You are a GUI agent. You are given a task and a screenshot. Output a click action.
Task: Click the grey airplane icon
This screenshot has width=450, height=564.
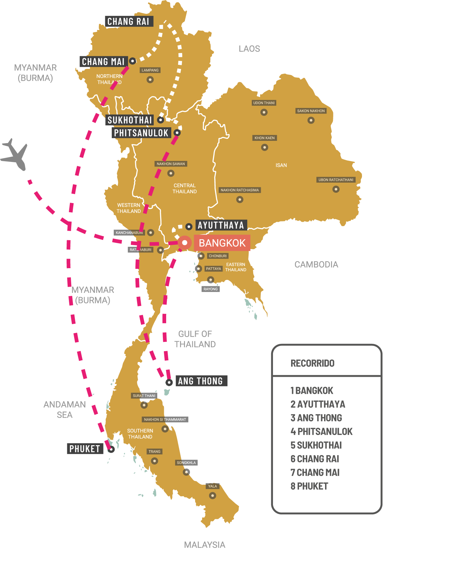coord(15,155)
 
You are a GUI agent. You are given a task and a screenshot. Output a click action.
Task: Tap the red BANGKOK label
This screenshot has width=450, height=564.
coord(222,243)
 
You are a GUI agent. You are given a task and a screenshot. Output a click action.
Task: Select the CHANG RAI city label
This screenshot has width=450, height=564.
coord(129,22)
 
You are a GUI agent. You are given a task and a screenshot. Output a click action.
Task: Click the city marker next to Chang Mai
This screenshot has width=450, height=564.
coord(133,61)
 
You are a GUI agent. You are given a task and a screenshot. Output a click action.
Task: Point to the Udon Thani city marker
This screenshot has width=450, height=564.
coord(264,112)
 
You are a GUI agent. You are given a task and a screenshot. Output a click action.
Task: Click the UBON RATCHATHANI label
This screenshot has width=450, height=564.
coord(336,180)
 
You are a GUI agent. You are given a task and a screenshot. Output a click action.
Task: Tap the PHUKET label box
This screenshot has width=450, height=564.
coord(85,449)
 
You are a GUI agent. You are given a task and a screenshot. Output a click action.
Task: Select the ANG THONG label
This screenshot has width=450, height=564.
coord(200,381)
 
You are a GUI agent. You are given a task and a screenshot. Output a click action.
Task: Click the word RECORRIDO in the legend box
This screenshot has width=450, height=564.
coord(312,363)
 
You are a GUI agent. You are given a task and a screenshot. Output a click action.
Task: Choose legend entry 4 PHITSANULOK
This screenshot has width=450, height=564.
coord(321,431)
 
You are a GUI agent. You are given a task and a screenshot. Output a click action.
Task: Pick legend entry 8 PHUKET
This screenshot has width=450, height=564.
coord(309,486)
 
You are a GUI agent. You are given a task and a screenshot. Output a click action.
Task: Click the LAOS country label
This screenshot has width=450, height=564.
coord(249,49)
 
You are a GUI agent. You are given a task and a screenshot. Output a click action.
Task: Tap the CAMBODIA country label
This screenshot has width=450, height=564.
coord(316,265)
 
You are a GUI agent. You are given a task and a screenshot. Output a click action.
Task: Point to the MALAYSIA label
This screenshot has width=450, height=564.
coord(205,545)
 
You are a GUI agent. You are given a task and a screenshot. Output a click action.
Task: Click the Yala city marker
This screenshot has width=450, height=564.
coord(213,496)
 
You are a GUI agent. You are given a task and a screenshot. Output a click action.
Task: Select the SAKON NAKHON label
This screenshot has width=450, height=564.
coord(311,111)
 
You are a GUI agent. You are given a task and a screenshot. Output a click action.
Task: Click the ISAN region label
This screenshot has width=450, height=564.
coord(281,165)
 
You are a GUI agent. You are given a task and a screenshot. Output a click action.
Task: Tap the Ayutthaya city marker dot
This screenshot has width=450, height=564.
coord(189,226)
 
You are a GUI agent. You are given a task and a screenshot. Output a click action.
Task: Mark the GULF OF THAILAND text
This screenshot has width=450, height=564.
coord(195,339)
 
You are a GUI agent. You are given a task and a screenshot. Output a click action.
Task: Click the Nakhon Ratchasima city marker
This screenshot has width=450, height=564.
coord(240,199)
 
